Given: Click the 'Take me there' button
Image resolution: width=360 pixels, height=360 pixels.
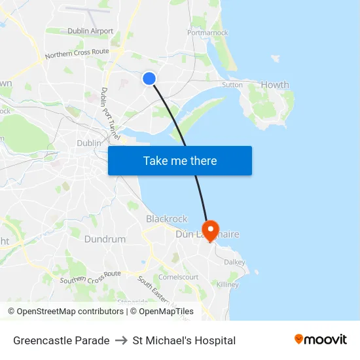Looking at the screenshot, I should (180, 161).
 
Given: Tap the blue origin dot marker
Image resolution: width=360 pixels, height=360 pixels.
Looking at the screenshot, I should (149, 79).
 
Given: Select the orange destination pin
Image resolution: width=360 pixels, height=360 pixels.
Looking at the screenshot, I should (210, 230).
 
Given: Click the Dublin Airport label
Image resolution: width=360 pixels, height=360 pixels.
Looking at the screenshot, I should (90, 31).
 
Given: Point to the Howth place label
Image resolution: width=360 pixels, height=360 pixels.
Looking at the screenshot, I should (275, 85).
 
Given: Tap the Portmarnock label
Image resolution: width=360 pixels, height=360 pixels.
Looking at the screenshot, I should (207, 32).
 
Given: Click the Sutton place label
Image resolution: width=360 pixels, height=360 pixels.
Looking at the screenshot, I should (232, 84).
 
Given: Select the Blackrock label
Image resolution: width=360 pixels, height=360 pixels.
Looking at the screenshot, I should (166, 219).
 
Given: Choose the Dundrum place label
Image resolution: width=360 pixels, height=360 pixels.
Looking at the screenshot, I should (105, 240).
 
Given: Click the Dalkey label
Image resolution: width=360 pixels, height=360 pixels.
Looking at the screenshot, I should (234, 262).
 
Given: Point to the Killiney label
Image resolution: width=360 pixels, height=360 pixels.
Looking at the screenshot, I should (228, 285).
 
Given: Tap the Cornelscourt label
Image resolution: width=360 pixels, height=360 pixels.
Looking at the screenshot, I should (179, 277).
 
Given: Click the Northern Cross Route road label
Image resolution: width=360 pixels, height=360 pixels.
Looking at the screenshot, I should (77, 52).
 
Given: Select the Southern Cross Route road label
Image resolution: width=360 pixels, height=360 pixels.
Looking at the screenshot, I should (90, 277).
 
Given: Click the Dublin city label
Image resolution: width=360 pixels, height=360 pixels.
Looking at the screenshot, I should (89, 143).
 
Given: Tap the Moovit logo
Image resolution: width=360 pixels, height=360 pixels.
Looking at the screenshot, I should (321, 339).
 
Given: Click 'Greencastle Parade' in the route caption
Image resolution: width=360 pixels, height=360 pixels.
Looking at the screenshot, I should (62, 340).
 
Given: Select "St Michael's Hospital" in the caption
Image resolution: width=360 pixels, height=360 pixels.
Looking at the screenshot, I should (184, 340).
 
